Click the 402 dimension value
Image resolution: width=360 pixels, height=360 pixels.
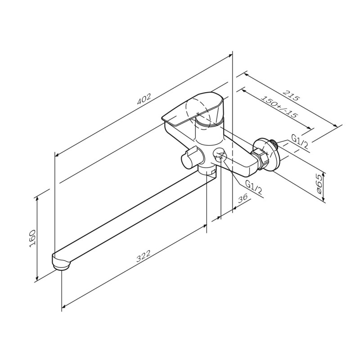coord(144,99)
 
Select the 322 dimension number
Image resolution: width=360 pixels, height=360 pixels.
coord(144,256)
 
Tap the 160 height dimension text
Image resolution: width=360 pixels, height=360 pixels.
coord(32,238)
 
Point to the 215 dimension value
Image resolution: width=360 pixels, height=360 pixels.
coord(291,95)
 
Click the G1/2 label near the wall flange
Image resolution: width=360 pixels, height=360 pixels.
coord(299,141)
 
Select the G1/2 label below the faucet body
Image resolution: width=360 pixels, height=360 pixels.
coord(253,187)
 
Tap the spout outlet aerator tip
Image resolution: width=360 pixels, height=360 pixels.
coord(61,264)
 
